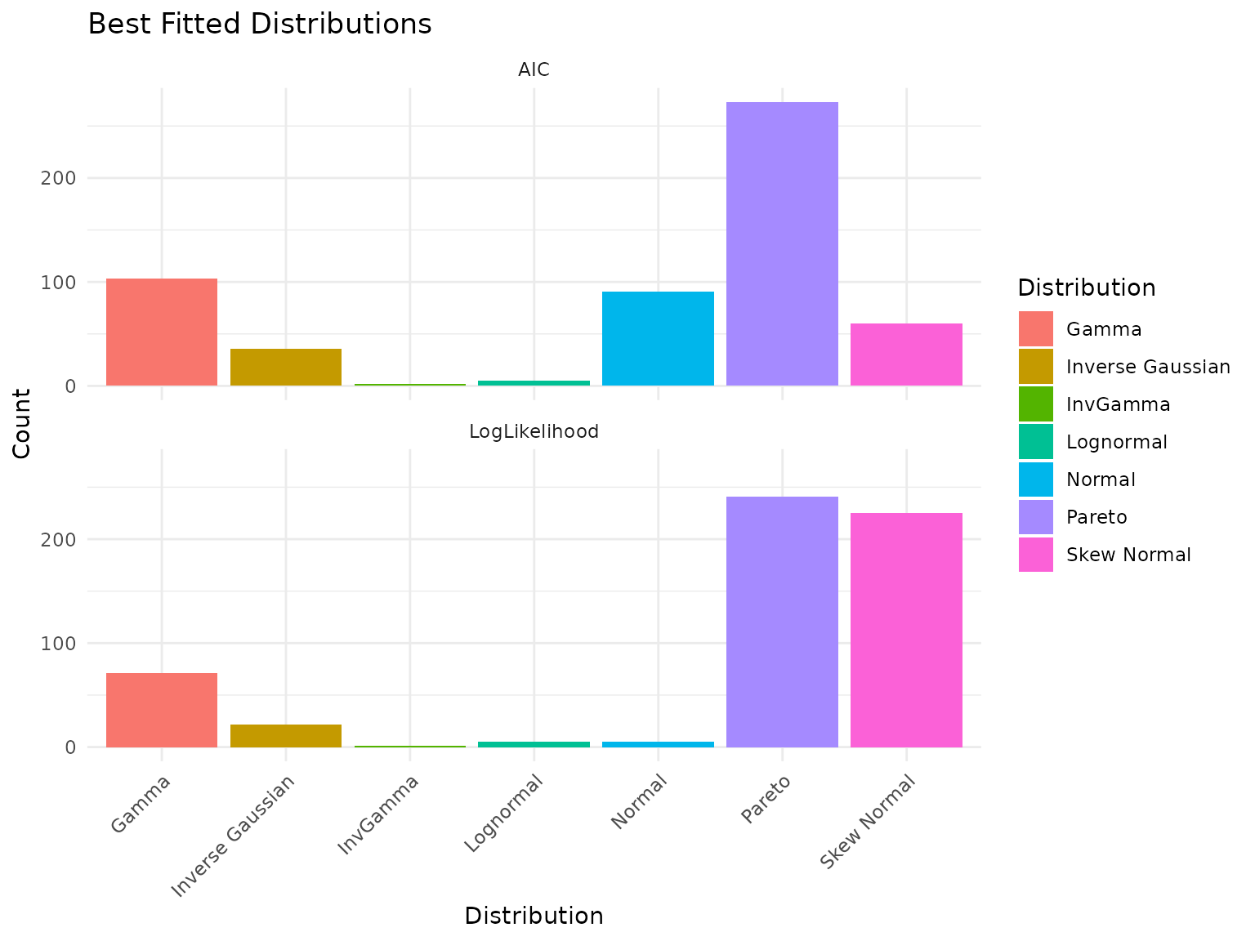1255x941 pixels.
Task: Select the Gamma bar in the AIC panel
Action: point(162,332)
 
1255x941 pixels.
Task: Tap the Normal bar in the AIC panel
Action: point(658,338)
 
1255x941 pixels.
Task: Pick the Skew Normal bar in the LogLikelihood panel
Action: point(906,630)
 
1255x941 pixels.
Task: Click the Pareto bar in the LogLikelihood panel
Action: point(782,622)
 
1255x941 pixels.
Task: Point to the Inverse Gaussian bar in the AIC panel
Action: point(286,367)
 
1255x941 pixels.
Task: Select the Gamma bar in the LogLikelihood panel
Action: point(162,710)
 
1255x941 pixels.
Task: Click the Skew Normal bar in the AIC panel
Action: point(906,355)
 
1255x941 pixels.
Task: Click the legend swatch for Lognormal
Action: point(1035,442)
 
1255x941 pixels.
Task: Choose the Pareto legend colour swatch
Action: point(1035,517)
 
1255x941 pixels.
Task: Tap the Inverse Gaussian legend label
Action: point(1148,367)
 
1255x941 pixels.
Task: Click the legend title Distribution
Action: point(1086,288)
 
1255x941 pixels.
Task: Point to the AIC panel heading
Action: point(534,70)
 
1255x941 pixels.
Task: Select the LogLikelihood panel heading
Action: point(534,431)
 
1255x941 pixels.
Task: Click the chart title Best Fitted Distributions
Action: point(259,25)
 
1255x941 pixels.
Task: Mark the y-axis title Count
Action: point(22,423)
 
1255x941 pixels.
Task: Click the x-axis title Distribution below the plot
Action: point(534,916)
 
